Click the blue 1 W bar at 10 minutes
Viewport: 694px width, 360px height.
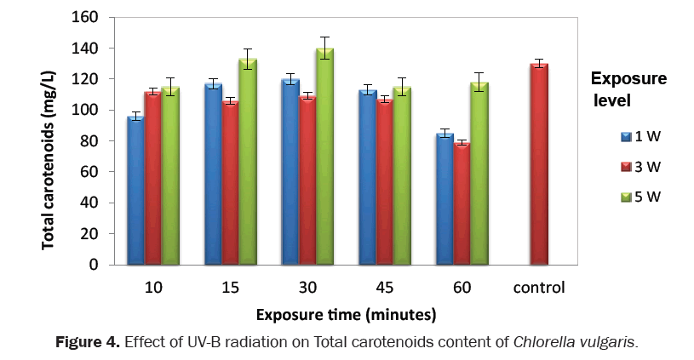[x=135, y=191]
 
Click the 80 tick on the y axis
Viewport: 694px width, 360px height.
[x=92, y=141]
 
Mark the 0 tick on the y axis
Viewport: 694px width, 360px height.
[x=95, y=265]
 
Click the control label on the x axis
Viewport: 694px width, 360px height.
[x=538, y=288]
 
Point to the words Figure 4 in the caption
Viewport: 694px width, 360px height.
[x=88, y=343]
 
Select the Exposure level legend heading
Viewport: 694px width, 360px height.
[x=628, y=89]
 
